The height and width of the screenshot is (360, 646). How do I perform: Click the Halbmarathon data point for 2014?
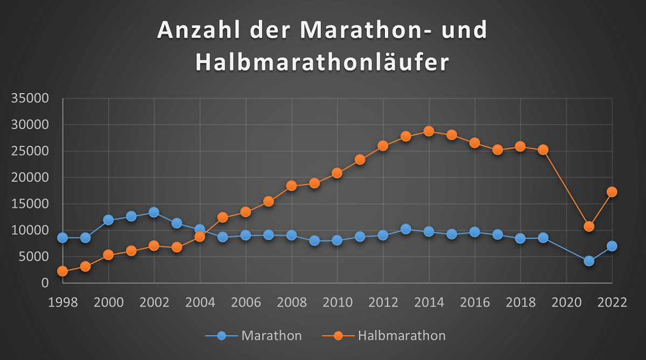(429, 131)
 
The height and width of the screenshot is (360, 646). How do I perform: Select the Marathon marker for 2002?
(155, 213)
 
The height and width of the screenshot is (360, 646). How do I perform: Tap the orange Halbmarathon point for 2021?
(589, 227)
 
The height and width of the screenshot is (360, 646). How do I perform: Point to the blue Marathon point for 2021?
(589, 261)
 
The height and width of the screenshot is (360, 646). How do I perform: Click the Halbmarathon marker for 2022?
(612, 192)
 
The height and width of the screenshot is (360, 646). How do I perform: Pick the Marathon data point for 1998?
(63, 238)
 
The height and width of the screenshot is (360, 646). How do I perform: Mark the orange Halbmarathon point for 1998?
(63, 271)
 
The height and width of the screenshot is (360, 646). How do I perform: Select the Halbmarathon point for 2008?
(292, 186)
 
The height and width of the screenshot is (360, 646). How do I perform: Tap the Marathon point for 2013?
(406, 229)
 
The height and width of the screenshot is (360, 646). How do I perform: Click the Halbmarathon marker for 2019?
(543, 150)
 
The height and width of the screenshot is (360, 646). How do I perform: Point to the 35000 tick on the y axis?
(33, 98)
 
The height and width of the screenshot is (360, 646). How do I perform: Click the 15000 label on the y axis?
(33, 204)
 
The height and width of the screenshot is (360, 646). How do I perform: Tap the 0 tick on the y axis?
(45, 283)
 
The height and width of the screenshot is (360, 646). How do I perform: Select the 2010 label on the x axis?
(338, 302)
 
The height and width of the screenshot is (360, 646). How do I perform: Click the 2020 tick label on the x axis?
(566, 302)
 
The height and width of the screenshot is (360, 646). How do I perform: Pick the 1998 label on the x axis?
(63, 302)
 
